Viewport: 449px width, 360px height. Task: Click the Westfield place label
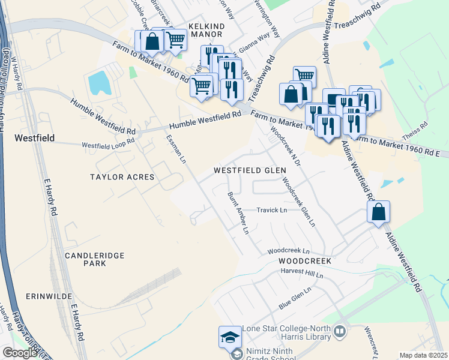pyautogui.click(x=34, y=138)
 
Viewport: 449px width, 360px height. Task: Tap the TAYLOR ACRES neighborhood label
pyautogui.click(x=122, y=177)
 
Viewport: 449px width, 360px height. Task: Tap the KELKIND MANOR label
pyautogui.click(x=206, y=31)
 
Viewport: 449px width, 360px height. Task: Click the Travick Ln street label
pyautogui.click(x=272, y=211)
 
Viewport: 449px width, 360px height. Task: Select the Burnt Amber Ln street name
pyautogui.click(x=238, y=212)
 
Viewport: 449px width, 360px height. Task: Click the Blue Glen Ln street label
pyautogui.click(x=295, y=298)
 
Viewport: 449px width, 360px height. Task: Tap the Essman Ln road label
pyautogui.click(x=175, y=149)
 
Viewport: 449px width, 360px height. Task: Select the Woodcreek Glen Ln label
pyautogui.click(x=298, y=202)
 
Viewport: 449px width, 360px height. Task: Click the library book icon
pyautogui.click(x=340, y=331)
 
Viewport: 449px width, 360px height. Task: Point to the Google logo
pyautogui.click(x=19, y=353)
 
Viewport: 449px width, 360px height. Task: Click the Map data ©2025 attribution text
pyautogui.click(x=423, y=355)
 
